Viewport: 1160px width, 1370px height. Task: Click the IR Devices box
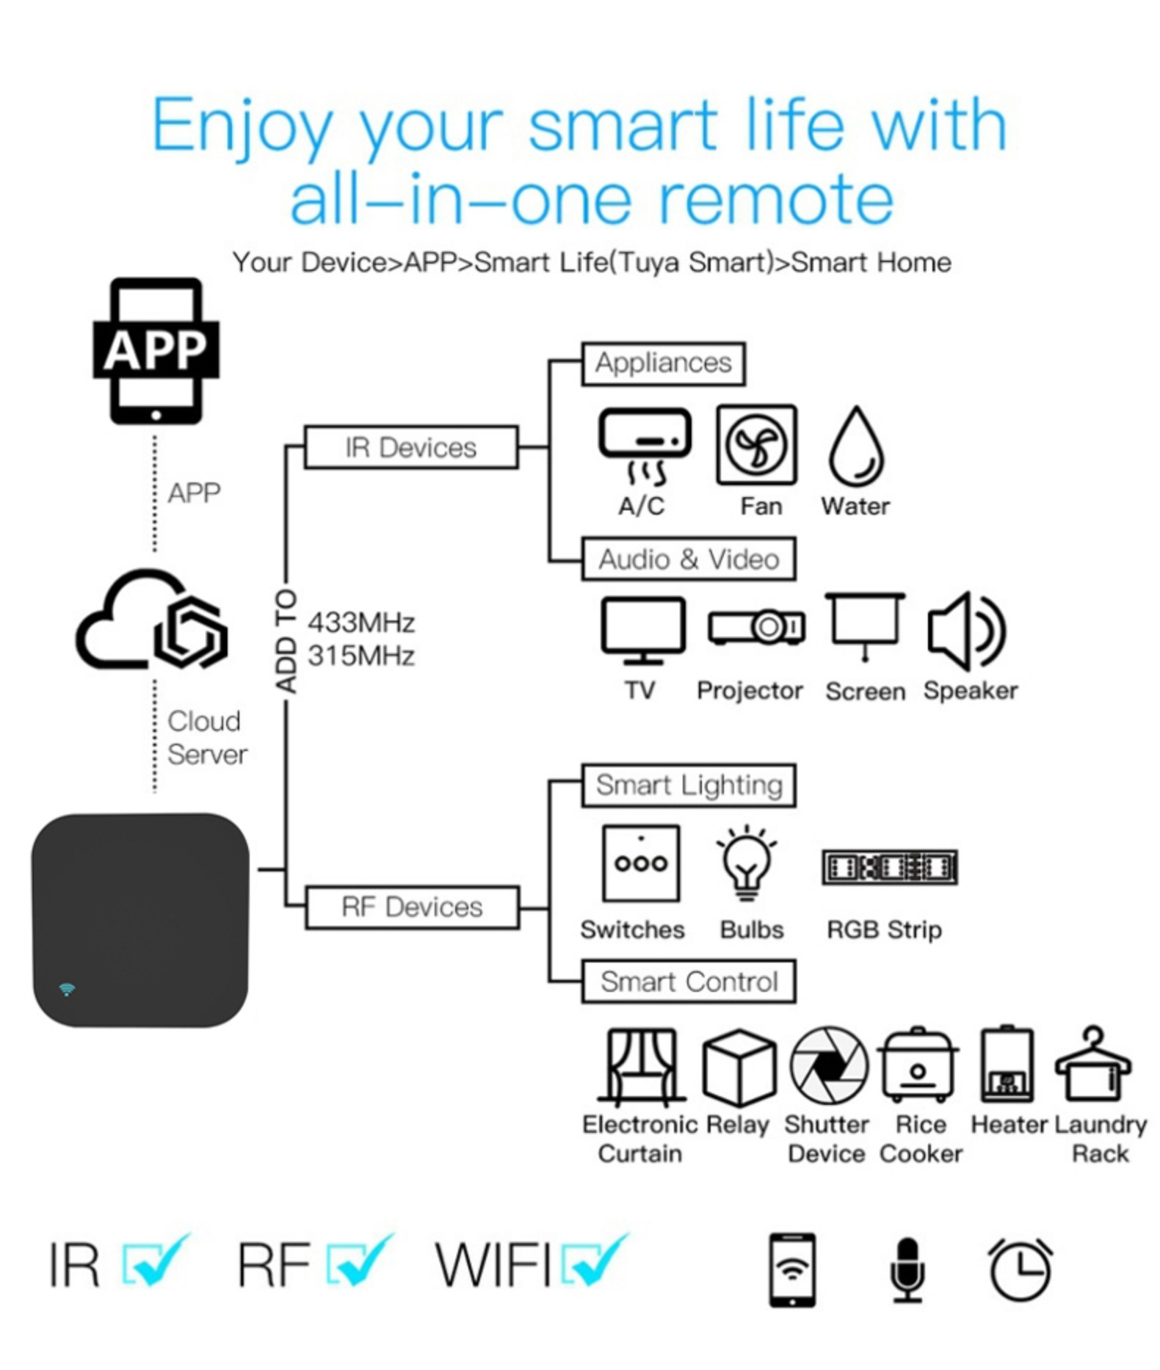(x=411, y=447)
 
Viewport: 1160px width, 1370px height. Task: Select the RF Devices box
(x=412, y=907)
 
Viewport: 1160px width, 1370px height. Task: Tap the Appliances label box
(x=663, y=363)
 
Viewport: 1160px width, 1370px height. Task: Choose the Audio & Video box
(x=689, y=559)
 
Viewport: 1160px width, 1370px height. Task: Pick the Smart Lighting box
(x=689, y=786)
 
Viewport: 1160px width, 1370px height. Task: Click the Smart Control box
(x=689, y=982)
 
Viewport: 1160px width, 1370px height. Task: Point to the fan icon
(x=757, y=445)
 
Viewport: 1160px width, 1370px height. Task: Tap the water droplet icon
(x=856, y=447)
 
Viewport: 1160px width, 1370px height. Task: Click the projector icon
(x=756, y=627)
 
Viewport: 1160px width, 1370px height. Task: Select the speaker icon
(x=966, y=631)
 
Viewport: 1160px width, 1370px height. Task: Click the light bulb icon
(x=747, y=864)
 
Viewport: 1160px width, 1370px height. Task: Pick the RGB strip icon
(x=889, y=868)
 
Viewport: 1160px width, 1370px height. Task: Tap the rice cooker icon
(x=918, y=1065)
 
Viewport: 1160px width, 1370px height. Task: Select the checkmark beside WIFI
(x=595, y=1261)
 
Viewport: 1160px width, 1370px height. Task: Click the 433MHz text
(x=361, y=623)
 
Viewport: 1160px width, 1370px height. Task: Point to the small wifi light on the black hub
(x=67, y=989)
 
